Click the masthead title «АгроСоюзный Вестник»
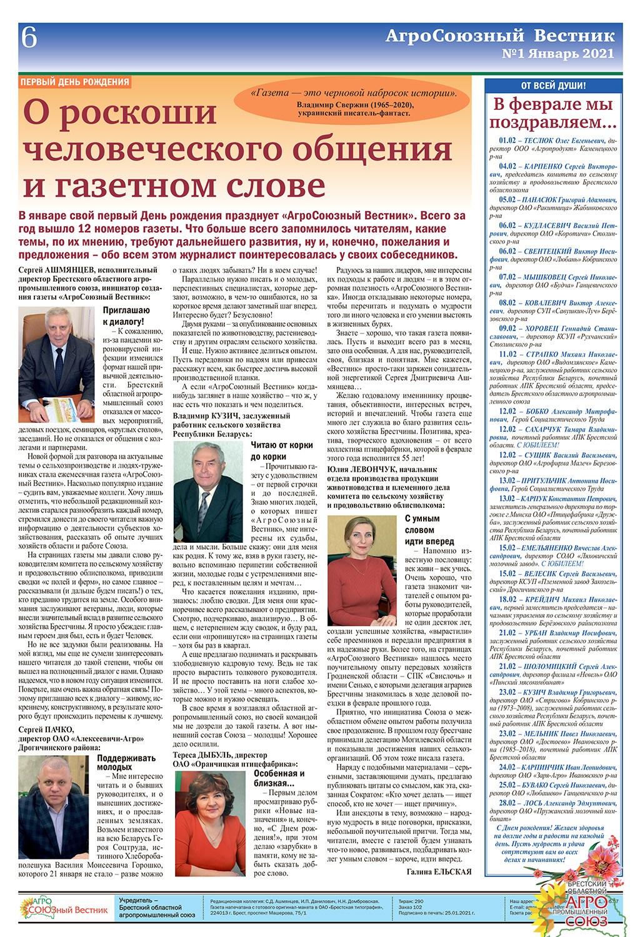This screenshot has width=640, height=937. pos(499,36)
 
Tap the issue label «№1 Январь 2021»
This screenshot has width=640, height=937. pos(557,54)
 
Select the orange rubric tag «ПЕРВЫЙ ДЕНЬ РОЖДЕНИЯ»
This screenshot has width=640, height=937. pos(74,82)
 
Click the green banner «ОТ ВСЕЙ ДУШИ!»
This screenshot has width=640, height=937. pos(553,85)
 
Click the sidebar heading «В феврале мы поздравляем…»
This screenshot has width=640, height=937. pos(553,113)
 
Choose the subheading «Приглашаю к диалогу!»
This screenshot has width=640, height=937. pos(126,316)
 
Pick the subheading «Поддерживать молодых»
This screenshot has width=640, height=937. pos(126,762)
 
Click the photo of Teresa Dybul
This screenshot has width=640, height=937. pos(210,823)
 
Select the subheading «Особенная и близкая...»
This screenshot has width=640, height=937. pos(279,778)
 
